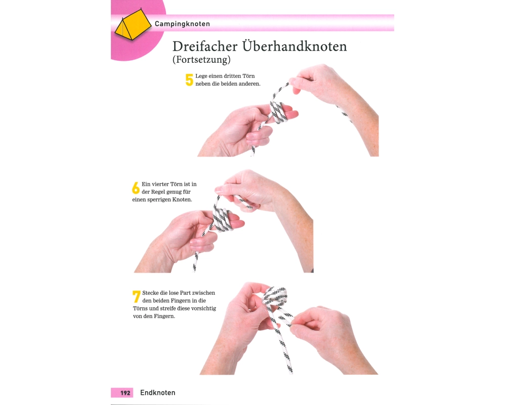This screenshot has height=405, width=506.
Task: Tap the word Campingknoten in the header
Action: point(182,24)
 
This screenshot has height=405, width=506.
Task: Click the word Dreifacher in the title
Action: point(205,46)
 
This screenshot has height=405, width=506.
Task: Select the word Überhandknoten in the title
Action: point(294,46)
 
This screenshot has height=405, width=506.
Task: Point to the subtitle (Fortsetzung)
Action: point(201,59)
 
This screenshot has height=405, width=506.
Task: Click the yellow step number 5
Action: point(189,80)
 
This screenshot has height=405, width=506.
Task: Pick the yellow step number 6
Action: point(136,188)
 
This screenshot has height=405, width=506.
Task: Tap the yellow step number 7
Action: point(137,297)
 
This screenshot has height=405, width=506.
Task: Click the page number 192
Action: point(125,393)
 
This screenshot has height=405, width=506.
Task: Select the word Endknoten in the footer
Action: point(158,393)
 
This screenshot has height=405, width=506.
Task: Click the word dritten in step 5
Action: point(232,76)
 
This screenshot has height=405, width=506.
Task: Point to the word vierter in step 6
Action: point(164,184)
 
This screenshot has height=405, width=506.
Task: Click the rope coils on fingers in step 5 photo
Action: point(278,112)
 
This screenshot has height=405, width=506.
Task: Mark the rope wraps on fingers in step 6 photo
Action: point(223,219)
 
